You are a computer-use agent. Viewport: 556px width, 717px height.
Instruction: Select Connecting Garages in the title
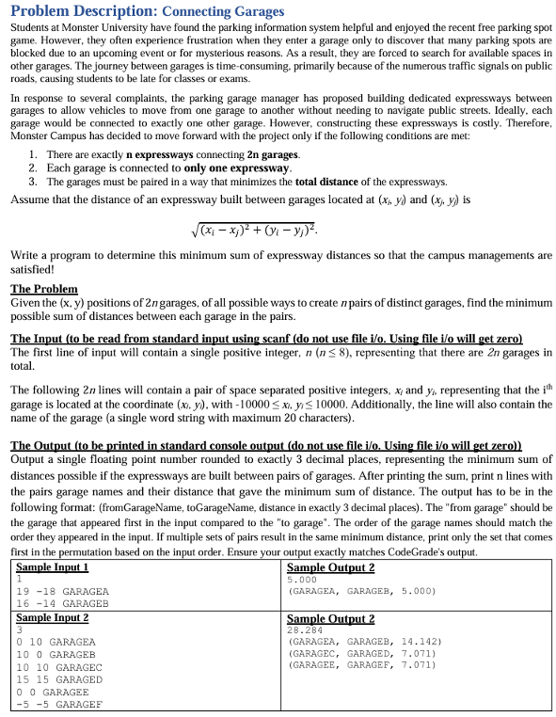(x=223, y=12)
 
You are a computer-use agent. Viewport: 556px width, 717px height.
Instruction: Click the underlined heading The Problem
(x=44, y=289)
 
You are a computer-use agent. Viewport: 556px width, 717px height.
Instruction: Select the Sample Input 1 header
(x=54, y=567)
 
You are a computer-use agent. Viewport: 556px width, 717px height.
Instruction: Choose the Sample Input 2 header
(x=54, y=616)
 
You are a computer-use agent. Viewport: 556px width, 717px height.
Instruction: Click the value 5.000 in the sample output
(x=304, y=580)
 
